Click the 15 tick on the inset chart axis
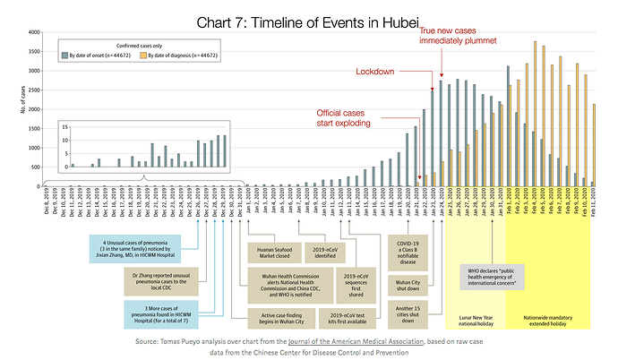pyautogui.click(x=64, y=128)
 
